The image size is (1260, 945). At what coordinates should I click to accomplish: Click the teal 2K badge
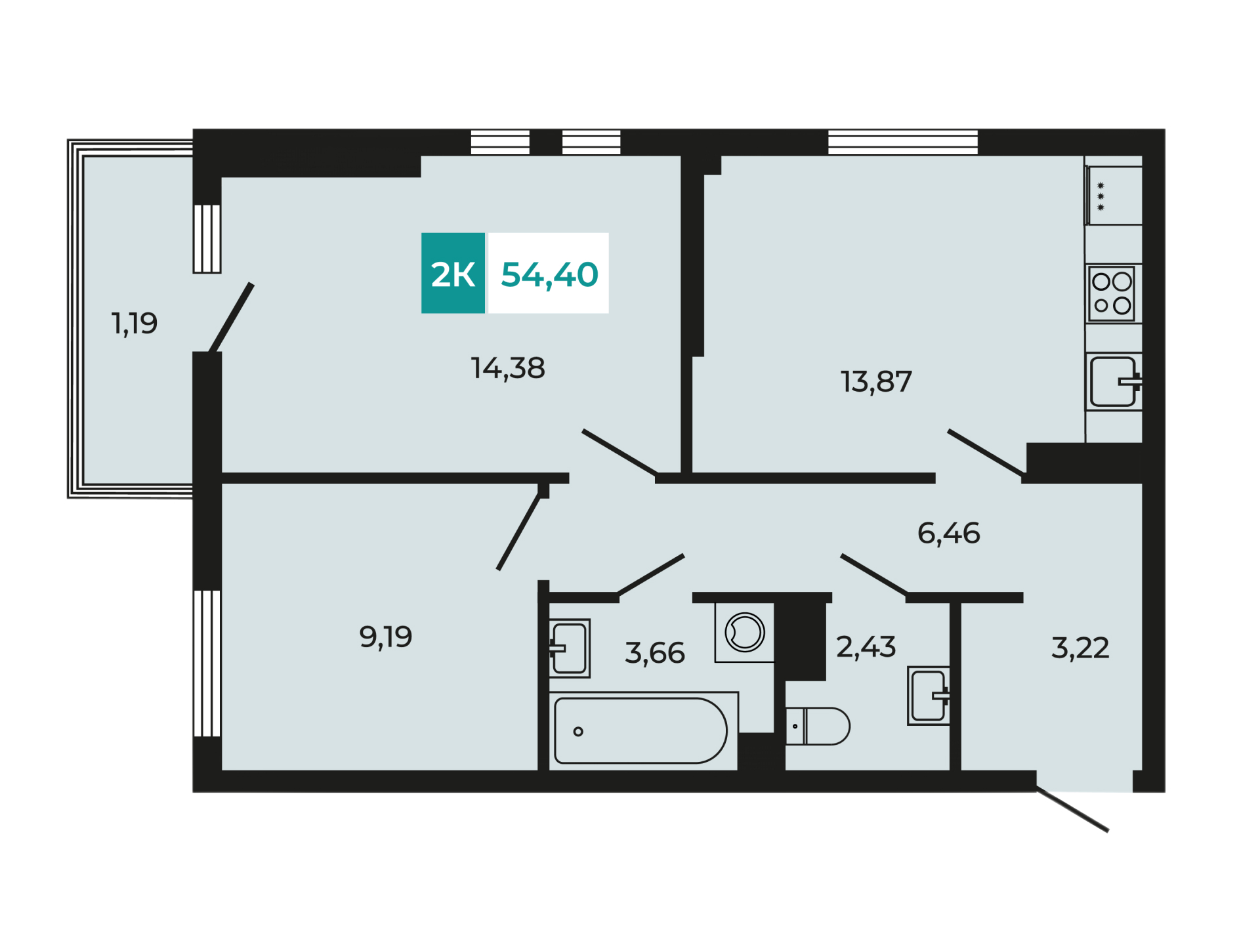click(x=453, y=273)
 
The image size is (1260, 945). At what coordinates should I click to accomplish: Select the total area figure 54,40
click(x=549, y=275)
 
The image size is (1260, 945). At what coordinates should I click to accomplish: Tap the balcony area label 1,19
click(x=135, y=324)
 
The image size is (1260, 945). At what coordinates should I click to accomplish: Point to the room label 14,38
click(x=508, y=368)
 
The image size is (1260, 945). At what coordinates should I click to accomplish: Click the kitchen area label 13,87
click(x=876, y=382)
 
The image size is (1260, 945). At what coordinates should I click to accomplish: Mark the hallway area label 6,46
click(x=949, y=534)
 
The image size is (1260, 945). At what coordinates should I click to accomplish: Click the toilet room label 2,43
click(x=866, y=647)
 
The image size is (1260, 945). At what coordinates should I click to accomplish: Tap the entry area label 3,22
click(x=1080, y=648)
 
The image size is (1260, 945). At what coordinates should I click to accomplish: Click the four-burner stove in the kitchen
click(x=1112, y=293)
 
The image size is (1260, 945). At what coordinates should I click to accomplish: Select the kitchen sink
click(x=1114, y=382)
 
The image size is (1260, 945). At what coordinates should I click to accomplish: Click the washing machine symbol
click(x=744, y=633)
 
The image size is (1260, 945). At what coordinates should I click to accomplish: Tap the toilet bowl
click(x=818, y=726)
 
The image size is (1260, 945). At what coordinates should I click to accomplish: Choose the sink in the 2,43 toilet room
click(x=929, y=696)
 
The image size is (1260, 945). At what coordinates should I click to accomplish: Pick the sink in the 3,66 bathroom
click(x=569, y=648)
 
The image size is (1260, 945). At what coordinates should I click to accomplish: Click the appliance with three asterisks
click(x=1114, y=196)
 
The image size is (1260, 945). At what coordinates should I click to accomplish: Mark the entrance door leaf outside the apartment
click(x=1072, y=810)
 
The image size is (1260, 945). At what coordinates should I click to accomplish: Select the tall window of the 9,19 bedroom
click(x=207, y=663)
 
